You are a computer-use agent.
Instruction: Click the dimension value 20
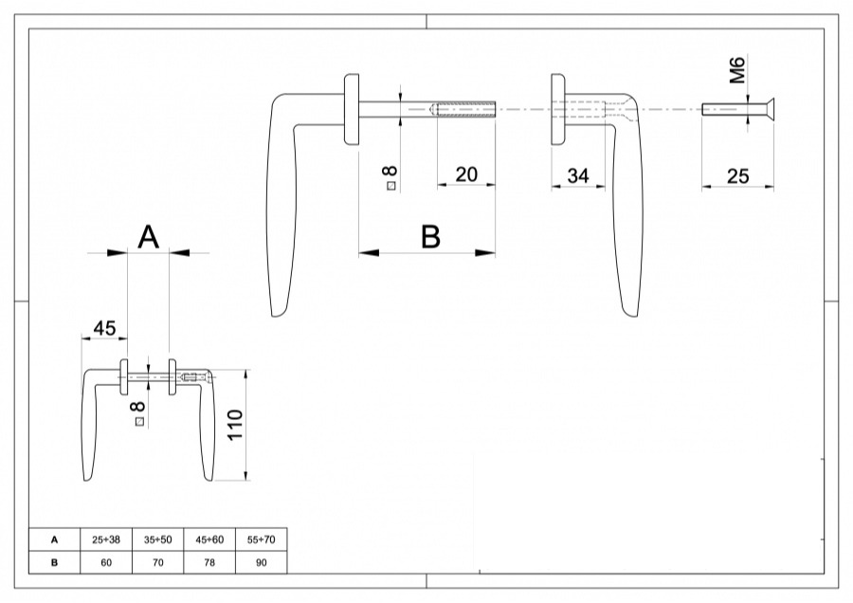point(466,175)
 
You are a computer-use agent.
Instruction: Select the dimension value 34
point(578,175)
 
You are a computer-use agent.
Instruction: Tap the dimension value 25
point(737,175)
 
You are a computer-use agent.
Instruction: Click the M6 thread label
point(739,70)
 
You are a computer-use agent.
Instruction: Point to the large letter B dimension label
point(430,236)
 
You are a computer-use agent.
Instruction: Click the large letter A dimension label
point(148,237)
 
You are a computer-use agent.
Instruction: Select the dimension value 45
point(104,328)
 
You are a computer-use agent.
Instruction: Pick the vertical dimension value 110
point(236,428)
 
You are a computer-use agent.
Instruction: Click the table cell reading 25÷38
point(106,539)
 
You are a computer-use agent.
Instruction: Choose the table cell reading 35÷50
point(157,539)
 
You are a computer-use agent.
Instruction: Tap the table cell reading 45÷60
point(209,539)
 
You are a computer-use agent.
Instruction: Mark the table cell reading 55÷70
point(260,539)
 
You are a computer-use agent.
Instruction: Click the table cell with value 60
point(106,562)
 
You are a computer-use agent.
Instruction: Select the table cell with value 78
point(209,562)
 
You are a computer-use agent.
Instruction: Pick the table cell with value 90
point(260,562)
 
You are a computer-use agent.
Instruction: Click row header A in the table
point(54,539)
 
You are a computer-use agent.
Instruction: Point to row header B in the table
point(54,562)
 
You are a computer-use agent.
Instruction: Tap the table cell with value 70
point(157,562)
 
